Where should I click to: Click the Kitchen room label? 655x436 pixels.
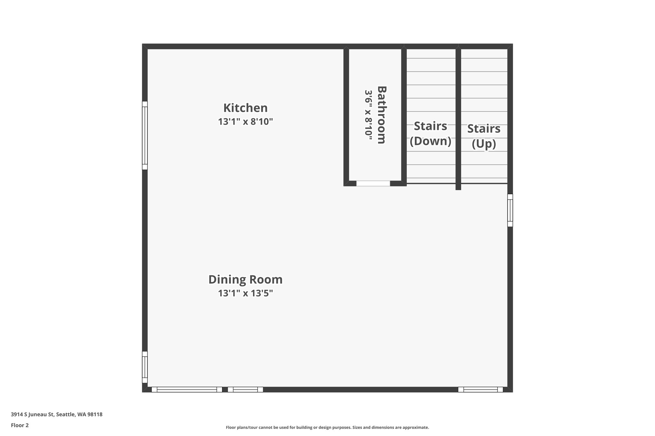(x=245, y=108)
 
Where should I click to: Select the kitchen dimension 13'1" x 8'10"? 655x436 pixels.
(x=245, y=122)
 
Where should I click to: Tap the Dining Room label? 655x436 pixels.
(x=245, y=279)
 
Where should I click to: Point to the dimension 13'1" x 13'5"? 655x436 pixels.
(x=245, y=293)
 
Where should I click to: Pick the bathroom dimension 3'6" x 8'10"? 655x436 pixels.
(x=368, y=115)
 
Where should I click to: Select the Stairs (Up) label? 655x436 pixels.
(x=484, y=136)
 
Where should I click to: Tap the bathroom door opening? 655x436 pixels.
(x=373, y=183)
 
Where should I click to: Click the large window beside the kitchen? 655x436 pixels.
(x=145, y=135)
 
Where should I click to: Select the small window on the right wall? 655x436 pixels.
(x=510, y=210)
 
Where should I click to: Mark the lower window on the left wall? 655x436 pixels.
(x=145, y=367)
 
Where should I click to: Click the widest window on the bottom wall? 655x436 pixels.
(x=187, y=389)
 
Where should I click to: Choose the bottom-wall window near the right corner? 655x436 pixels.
(x=480, y=389)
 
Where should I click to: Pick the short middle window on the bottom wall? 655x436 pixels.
(x=245, y=389)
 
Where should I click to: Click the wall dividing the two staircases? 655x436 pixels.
(x=458, y=118)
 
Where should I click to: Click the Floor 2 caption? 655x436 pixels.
(x=20, y=425)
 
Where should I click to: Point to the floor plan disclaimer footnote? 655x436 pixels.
(x=327, y=427)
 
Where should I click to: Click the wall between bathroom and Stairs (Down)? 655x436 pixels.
(x=404, y=115)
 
